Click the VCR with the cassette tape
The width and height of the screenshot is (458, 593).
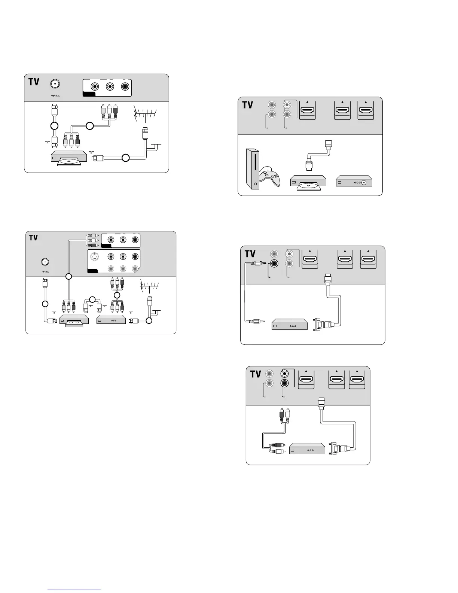pyautogui.click(x=74, y=320)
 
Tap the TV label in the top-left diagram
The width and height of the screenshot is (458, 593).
pyautogui.click(x=34, y=82)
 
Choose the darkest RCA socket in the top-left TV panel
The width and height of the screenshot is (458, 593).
pyautogui.click(x=125, y=86)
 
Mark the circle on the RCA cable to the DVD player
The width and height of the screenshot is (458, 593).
pyautogui.click(x=89, y=126)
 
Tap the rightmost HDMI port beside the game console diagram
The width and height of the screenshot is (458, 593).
pyautogui.click(x=366, y=110)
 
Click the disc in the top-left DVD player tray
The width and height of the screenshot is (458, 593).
pyautogui.click(x=70, y=161)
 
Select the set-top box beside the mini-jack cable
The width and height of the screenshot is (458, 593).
pyautogui.click(x=289, y=324)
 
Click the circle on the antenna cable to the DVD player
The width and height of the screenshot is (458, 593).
pyautogui.click(x=126, y=158)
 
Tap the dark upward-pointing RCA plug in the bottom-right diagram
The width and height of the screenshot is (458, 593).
pyautogui.click(x=281, y=413)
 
